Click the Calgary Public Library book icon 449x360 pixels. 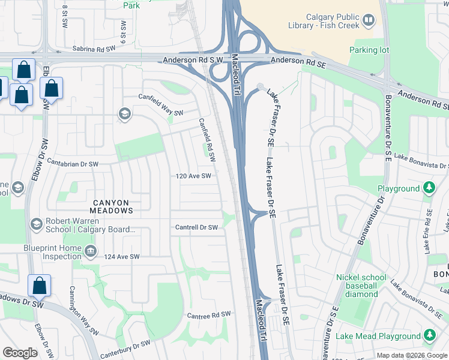pyautogui.click(x=368, y=22)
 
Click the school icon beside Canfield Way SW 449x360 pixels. pyautogui.click(x=124, y=114)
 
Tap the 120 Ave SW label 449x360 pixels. pyautogui.click(x=194, y=176)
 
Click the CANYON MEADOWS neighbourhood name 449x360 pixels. pyautogui.click(x=111, y=206)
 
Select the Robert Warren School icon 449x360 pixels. pyautogui.click(x=36, y=224)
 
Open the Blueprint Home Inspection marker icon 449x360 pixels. pyautogui.click(x=90, y=250)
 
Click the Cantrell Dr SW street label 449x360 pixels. pyautogui.click(x=196, y=227)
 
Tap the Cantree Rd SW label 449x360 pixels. pyautogui.click(x=208, y=315)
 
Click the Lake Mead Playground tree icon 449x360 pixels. pyautogui.click(x=429, y=335)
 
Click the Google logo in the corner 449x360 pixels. pyautogui.click(x=20, y=353)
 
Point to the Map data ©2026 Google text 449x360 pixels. pyautogui.click(x=411, y=355)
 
